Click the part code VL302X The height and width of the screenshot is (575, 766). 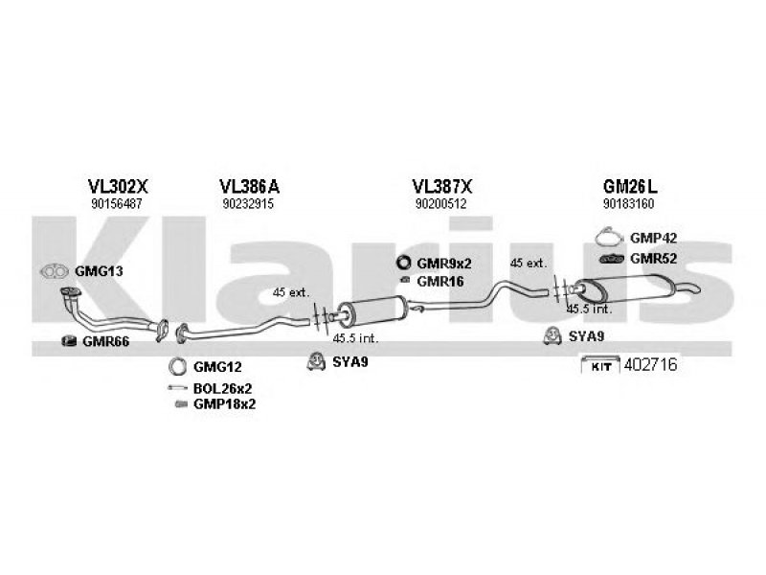[x=117, y=186]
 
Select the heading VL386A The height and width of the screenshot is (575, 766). [x=249, y=186]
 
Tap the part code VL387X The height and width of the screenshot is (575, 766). [x=442, y=186]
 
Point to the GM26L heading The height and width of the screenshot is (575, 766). [x=630, y=186]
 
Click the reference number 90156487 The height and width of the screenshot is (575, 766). [x=116, y=204]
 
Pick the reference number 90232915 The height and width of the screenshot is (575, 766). [x=248, y=204]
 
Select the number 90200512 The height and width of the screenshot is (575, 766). [x=441, y=204]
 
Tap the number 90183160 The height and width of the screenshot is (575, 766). [x=629, y=204]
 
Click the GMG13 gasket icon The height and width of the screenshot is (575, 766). [x=55, y=271]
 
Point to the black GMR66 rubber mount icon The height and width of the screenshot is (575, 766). [x=69, y=341]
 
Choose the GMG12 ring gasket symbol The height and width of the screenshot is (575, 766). [x=177, y=366]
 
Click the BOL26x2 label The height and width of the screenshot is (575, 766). [x=223, y=389]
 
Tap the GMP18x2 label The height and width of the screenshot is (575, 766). [x=224, y=404]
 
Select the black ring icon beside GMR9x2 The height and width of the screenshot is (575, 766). [x=403, y=263]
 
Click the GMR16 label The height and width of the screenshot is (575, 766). [x=440, y=282]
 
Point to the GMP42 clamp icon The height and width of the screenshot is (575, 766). [x=609, y=238]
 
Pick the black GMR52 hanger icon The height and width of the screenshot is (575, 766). [x=612, y=259]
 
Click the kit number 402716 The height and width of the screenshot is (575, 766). [x=651, y=365]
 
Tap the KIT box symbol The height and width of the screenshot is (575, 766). [x=600, y=365]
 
